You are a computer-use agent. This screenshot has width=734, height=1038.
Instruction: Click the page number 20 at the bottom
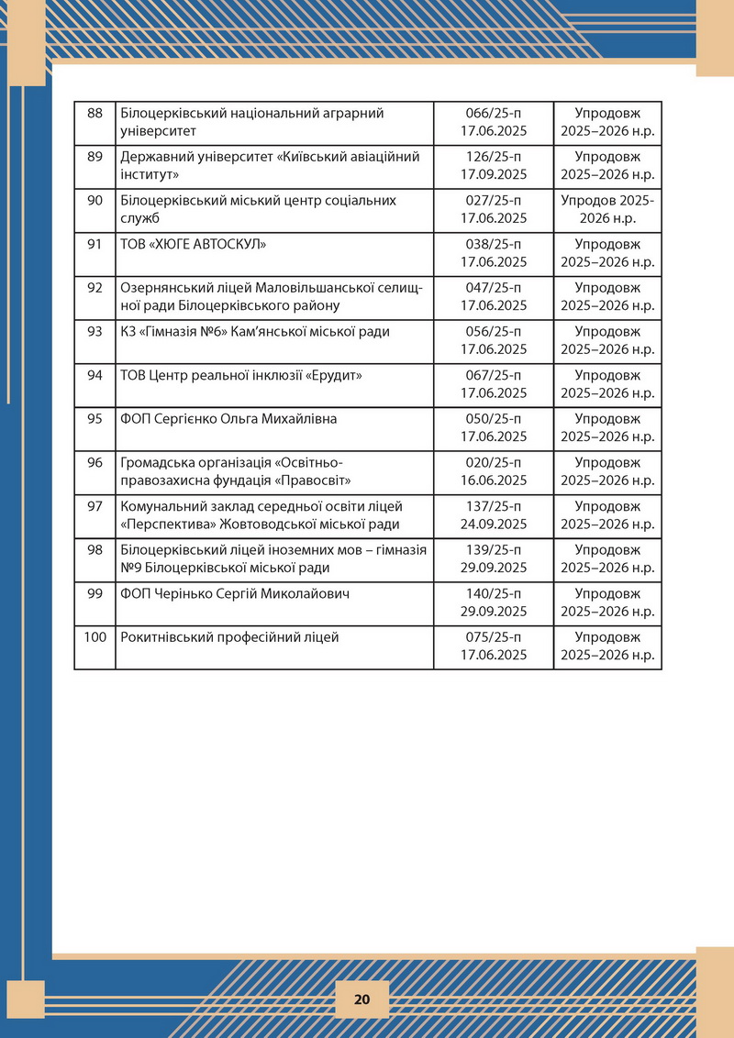pyautogui.click(x=361, y=1000)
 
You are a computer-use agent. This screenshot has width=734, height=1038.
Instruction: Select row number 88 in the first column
pyautogui.click(x=95, y=113)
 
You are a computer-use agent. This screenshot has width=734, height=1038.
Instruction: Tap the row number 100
pyautogui.click(x=95, y=637)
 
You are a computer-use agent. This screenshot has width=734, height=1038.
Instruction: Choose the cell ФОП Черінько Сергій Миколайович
pyautogui.click(x=235, y=593)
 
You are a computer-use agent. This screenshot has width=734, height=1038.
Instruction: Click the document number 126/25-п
pyautogui.click(x=493, y=157)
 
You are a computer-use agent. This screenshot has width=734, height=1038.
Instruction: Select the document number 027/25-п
pyautogui.click(x=493, y=200)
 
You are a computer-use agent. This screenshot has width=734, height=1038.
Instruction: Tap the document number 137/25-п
pyautogui.click(x=493, y=506)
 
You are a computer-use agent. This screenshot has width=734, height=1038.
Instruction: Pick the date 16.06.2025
pyautogui.click(x=493, y=480)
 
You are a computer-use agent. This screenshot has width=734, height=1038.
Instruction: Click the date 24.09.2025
pyautogui.click(x=493, y=525)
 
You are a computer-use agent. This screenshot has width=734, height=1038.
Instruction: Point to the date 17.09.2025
pyautogui.click(x=493, y=174)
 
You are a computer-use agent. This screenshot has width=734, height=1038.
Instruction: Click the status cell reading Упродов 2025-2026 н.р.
pyautogui.click(x=606, y=209)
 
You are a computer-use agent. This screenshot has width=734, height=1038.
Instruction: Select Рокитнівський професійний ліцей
pyautogui.click(x=229, y=637)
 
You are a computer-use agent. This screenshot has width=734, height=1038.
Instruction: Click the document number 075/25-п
pyautogui.click(x=493, y=637)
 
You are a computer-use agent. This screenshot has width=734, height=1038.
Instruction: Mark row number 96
pyautogui.click(x=95, y=462)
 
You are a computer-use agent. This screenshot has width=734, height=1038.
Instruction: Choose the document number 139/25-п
pyautogui.click(x=493, y=550)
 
